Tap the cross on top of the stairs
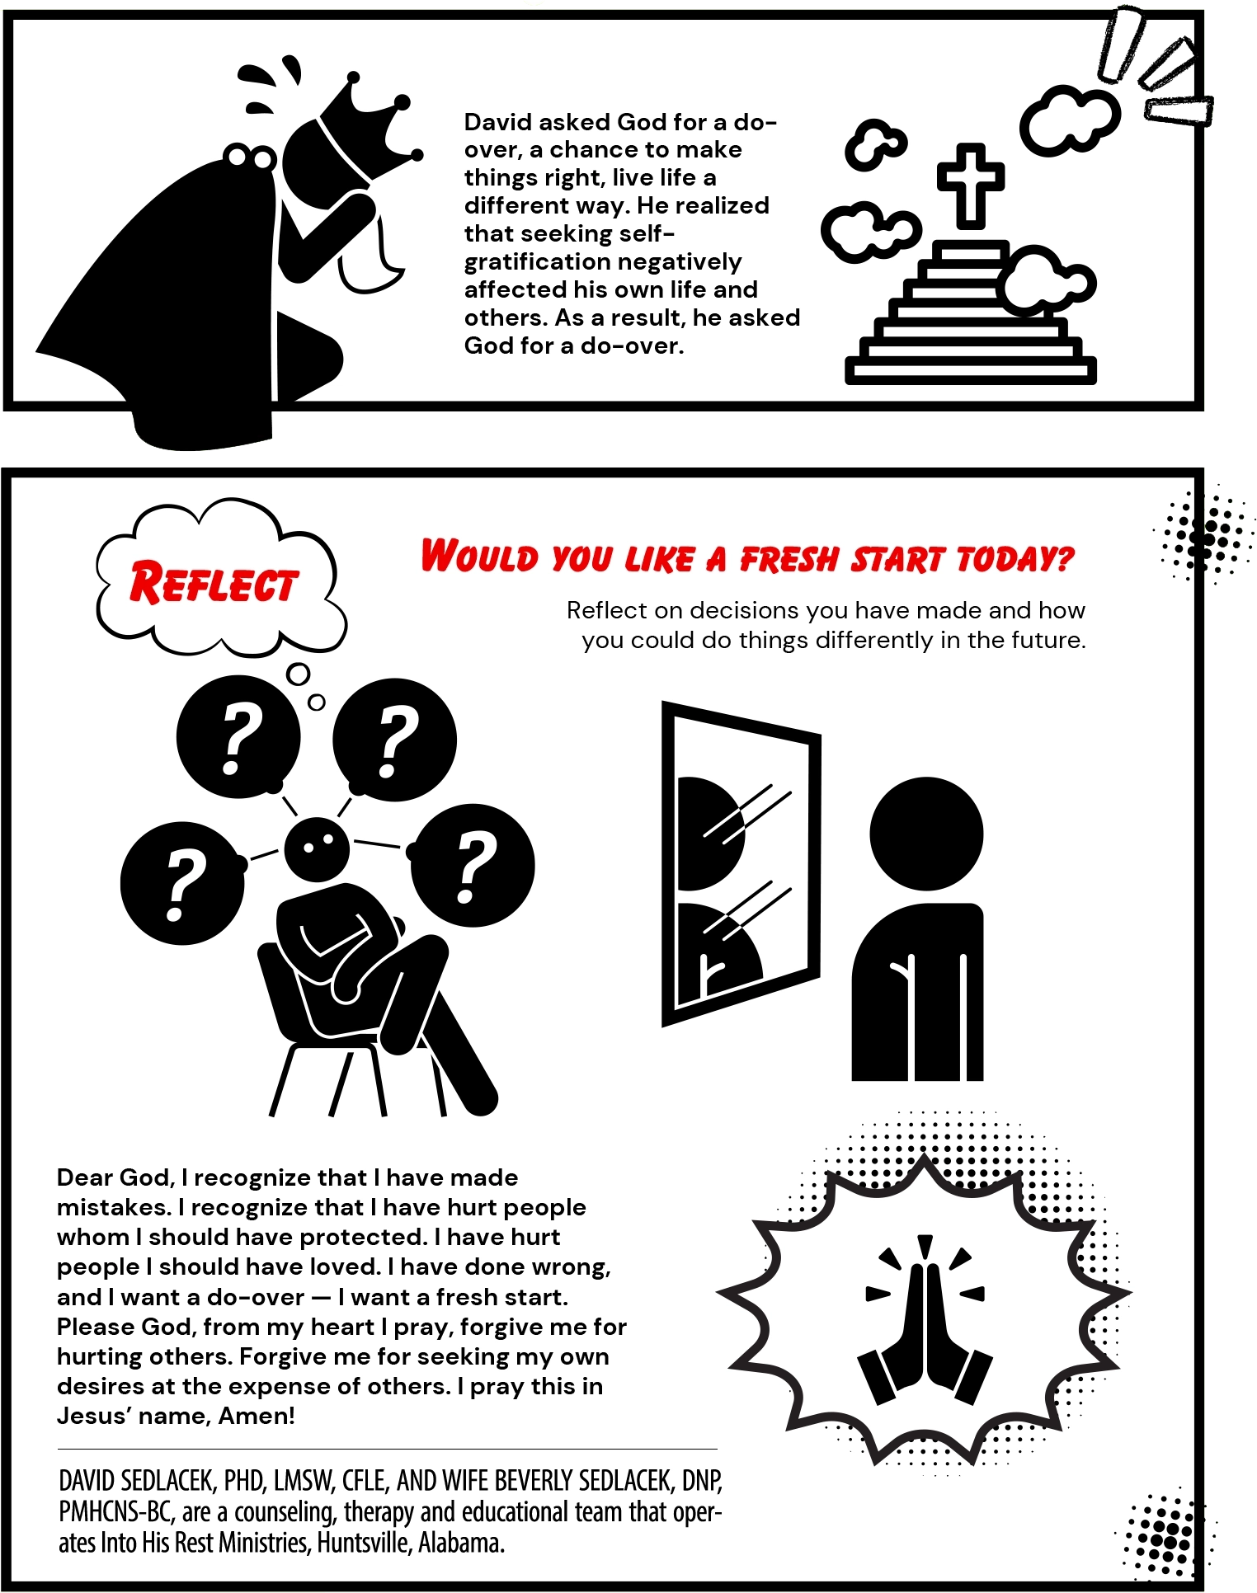click(970, 184)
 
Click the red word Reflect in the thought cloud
click(213, 584)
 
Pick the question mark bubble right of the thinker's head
click(473, 866)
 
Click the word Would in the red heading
click(479, 557)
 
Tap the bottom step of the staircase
click(970, 371)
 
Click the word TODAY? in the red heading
click(1015, 560)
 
